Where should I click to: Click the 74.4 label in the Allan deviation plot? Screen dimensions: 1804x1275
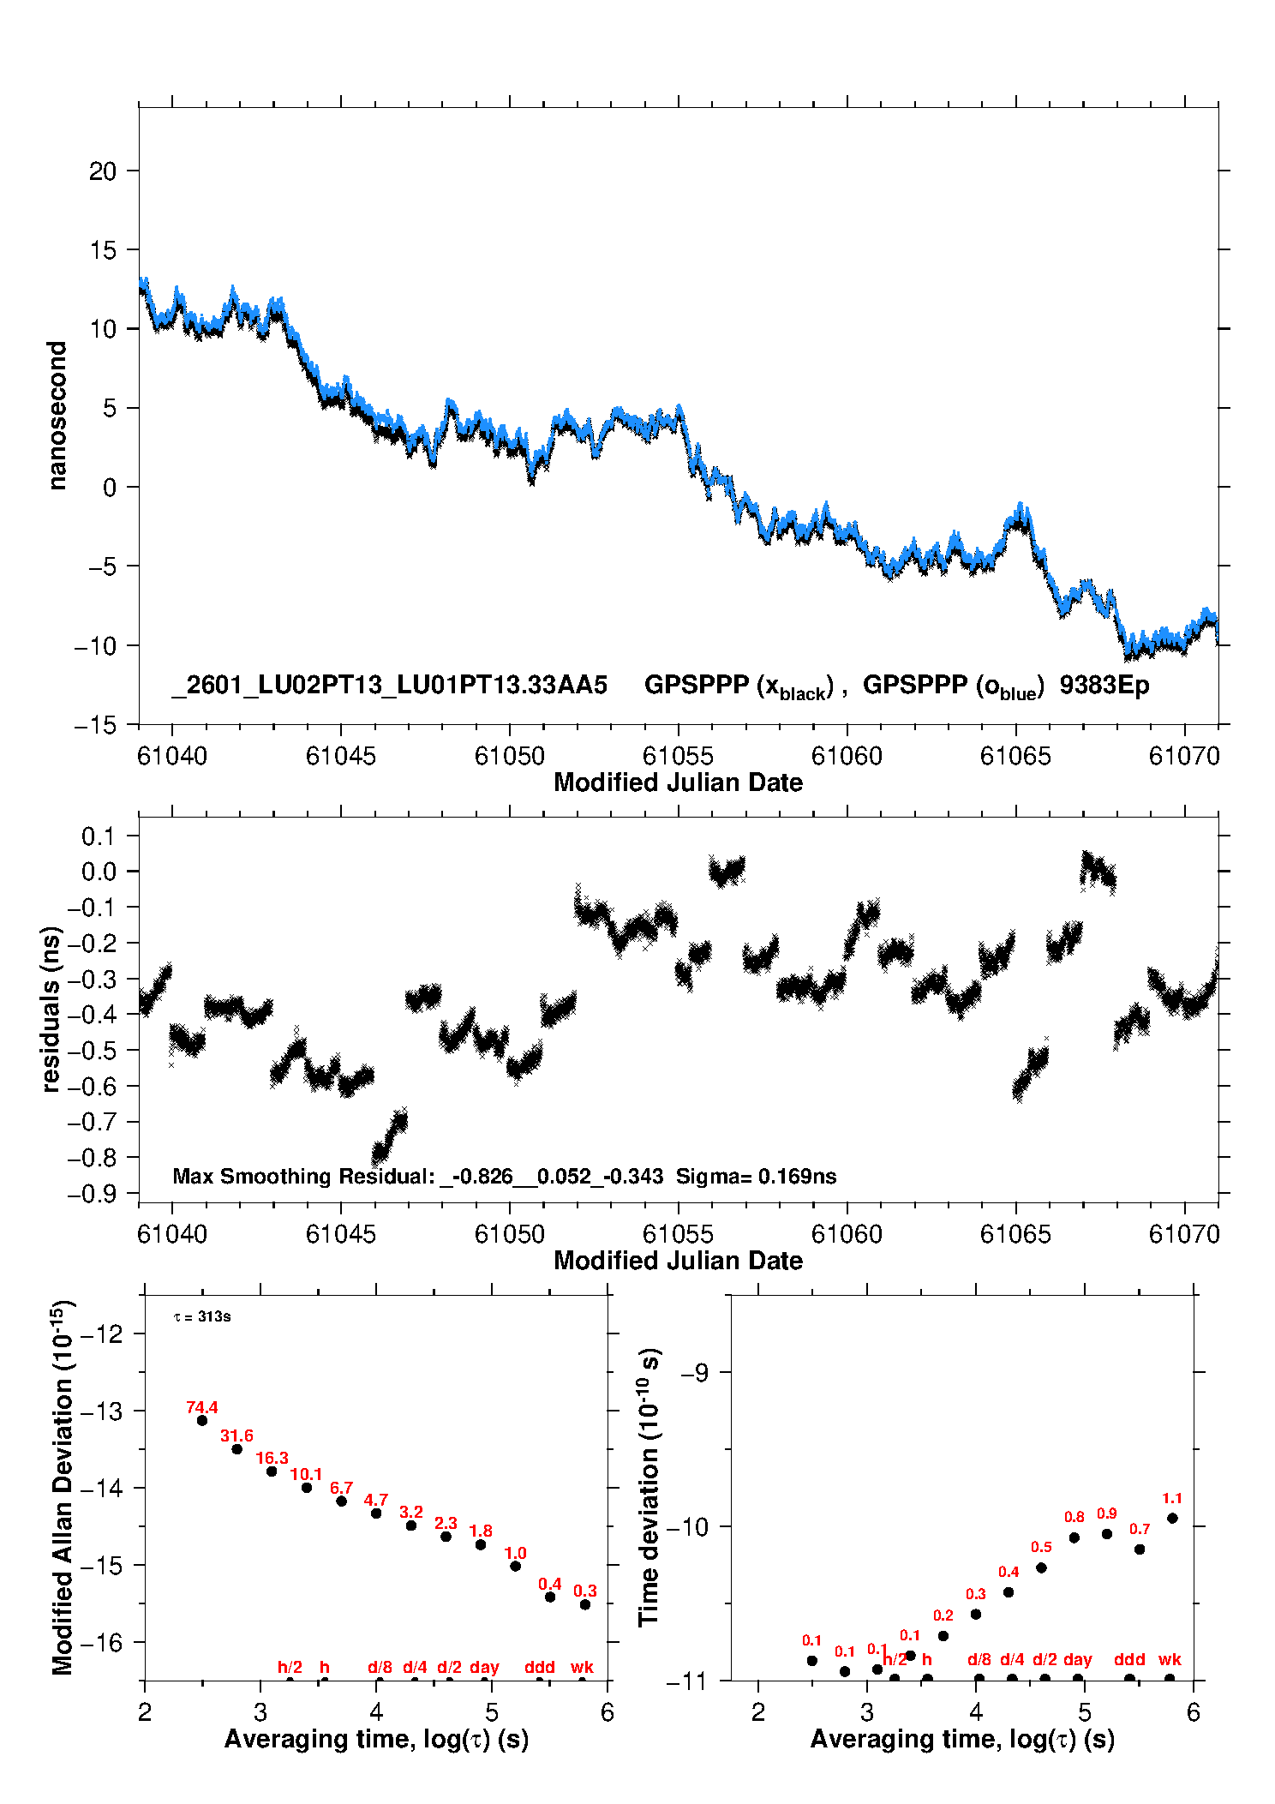point(202,1408)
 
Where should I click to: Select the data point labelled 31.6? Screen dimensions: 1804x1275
point(237,1448)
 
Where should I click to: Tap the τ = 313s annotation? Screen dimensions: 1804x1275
point(202,1316)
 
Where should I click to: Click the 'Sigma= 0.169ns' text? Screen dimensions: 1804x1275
point(756,1176)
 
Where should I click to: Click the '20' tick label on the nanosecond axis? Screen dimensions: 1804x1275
point(103,171)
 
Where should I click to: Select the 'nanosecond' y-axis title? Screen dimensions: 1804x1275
point(57,416)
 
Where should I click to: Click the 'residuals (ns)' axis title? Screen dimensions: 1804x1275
point(51,1010)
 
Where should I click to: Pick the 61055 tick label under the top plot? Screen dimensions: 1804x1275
point(678,756)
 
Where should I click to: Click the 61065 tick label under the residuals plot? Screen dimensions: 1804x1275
point(1015,1234)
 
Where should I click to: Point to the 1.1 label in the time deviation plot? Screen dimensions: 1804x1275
point(1172,1498)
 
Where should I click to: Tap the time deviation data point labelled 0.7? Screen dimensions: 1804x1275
point(1140,1549)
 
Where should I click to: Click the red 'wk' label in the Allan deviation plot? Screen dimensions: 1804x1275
point(582,1667)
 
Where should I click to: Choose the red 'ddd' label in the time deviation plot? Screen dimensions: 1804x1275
point(1129,1659)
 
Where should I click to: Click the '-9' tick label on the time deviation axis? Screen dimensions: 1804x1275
point(694,1373)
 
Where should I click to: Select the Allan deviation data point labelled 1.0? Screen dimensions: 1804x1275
point(516,1566)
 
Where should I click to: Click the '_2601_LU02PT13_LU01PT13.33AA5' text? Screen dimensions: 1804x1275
point(390,685)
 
